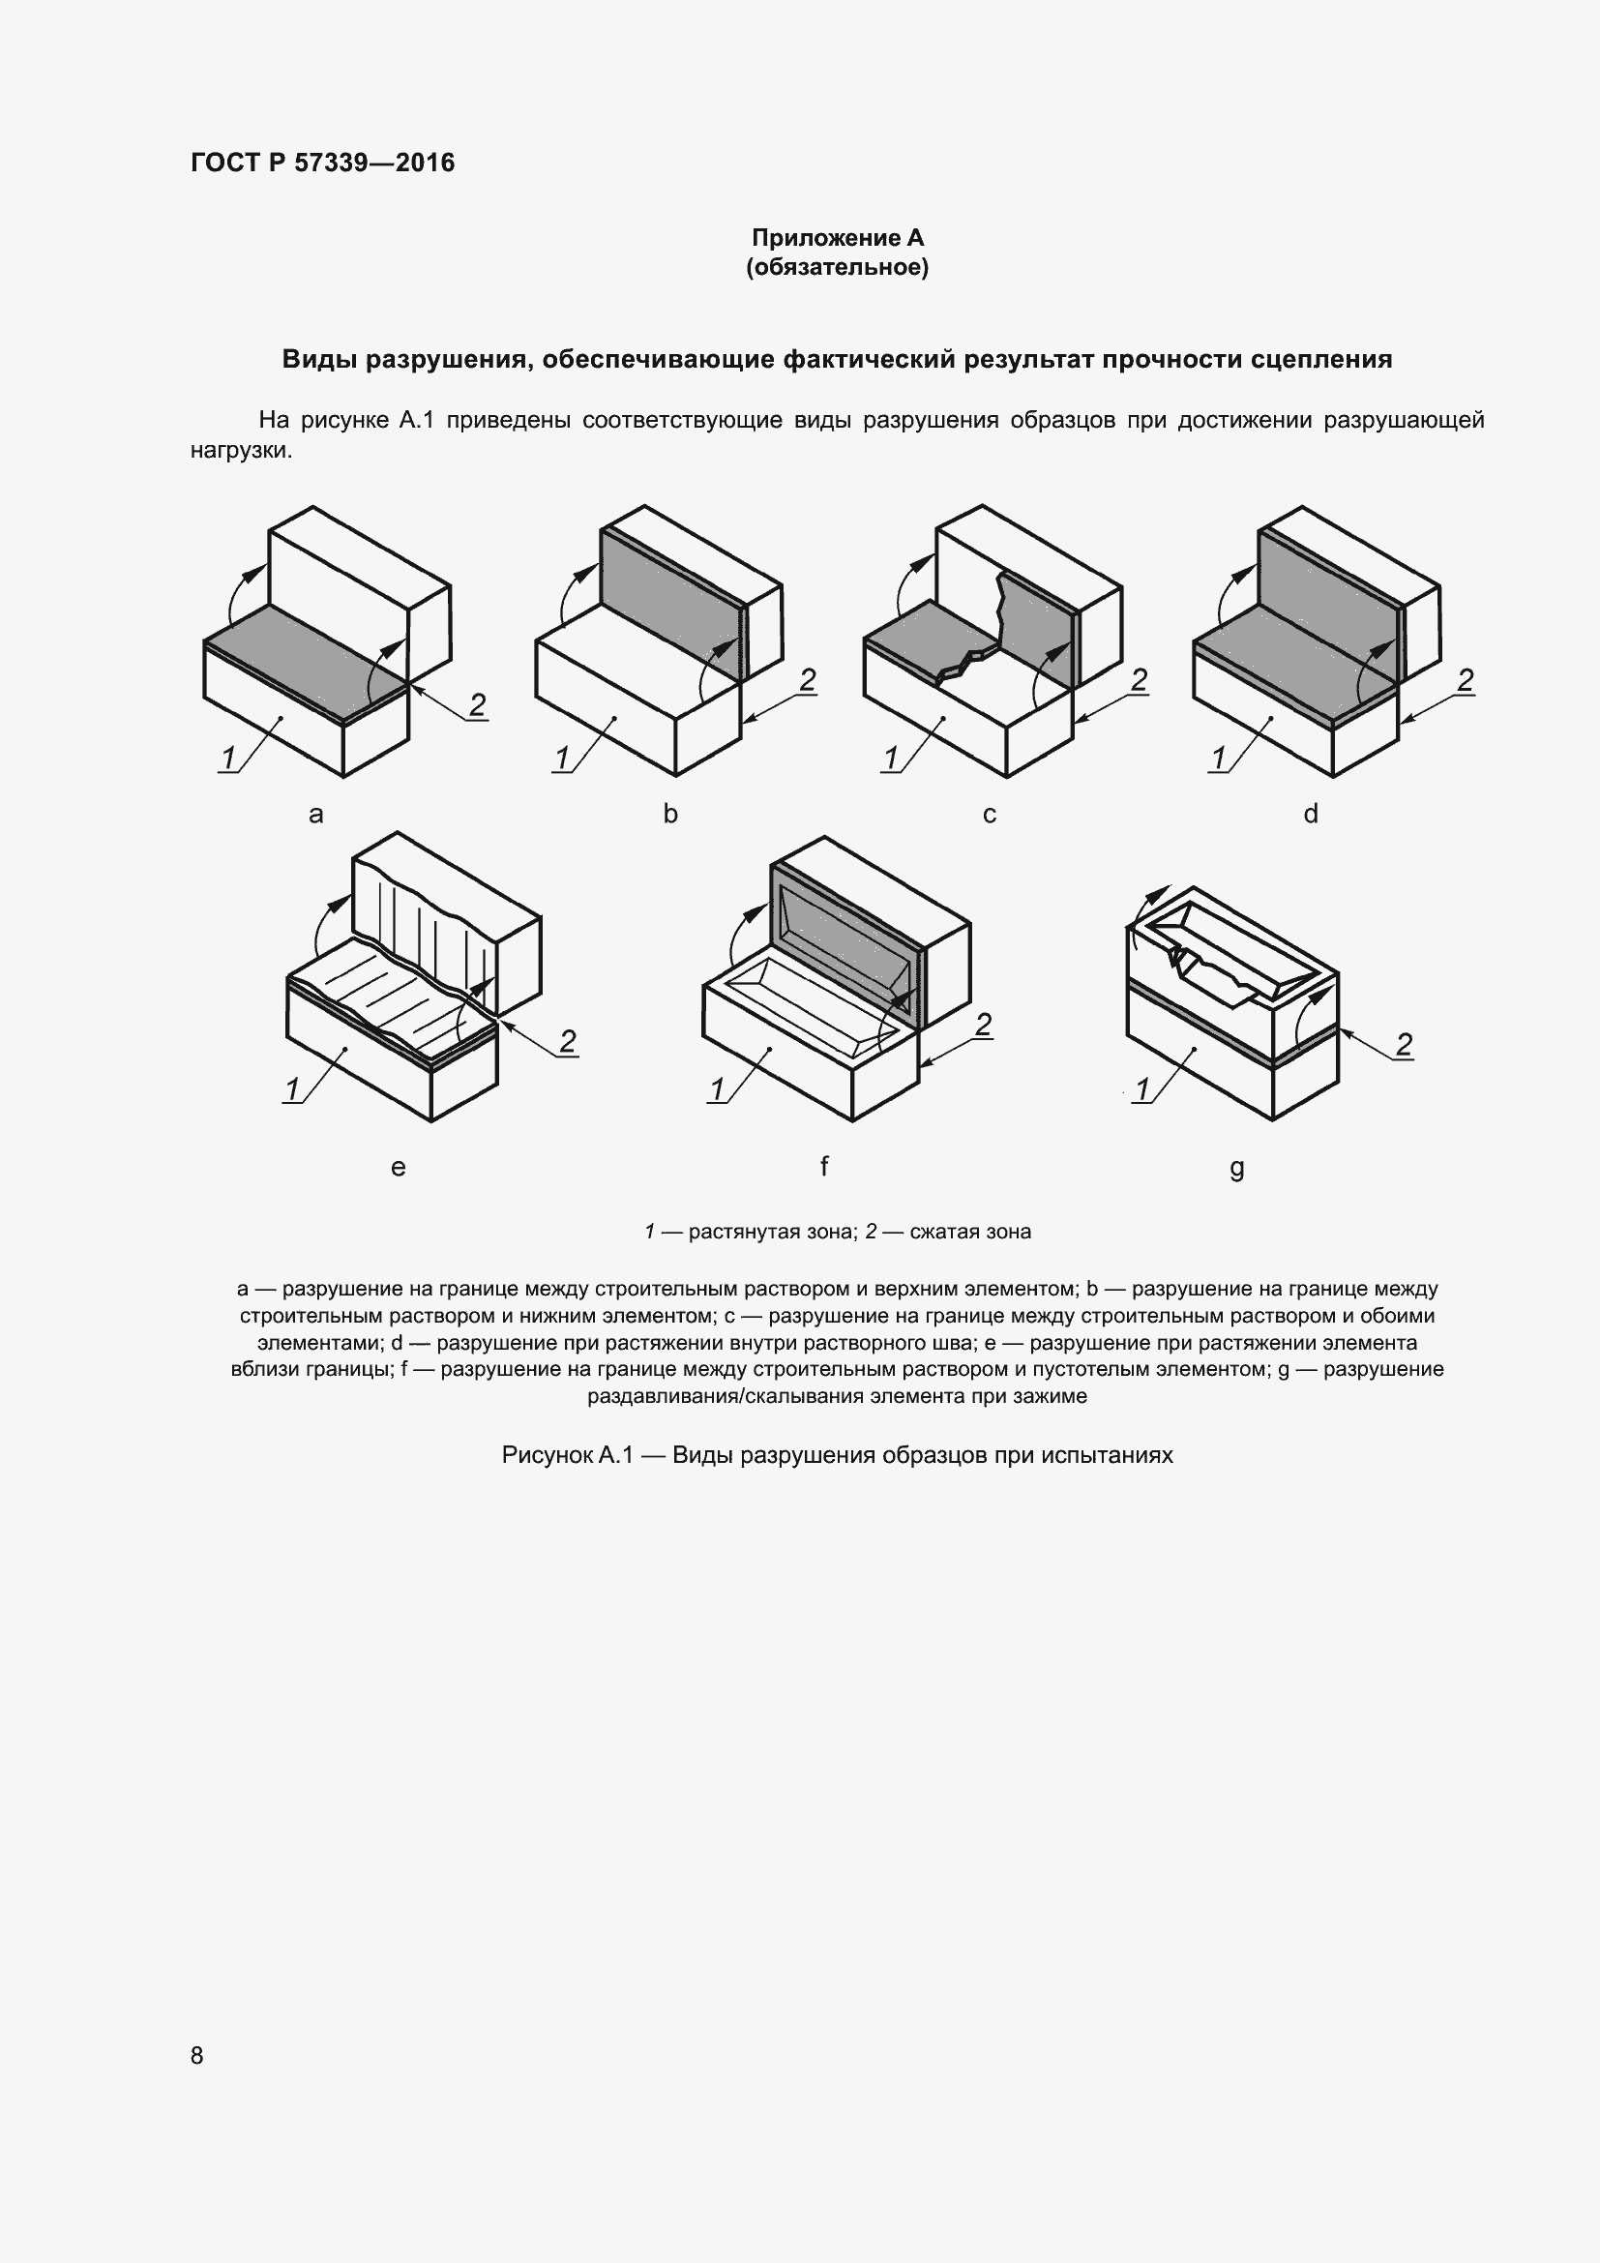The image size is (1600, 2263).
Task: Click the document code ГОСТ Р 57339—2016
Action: tap(322, 163)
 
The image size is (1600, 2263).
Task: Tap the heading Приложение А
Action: tap(838, 238)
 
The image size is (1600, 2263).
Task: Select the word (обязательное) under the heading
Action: tap(838, 267)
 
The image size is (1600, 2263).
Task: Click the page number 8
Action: tap(197, 2054)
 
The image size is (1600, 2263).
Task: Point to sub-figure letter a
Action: tap(316, 814)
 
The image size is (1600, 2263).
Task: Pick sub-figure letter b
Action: tap(670, 814)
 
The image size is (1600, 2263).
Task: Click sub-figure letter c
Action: tap(990, 814)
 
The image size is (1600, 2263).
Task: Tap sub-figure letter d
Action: tap(1311, 814)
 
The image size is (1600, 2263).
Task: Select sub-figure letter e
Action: tap(398, 1168)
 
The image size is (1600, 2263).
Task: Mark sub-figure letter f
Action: tap(823, 1166)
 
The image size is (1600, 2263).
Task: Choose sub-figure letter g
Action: tap(1237, 1168)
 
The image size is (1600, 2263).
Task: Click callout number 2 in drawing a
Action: tap(477, 704)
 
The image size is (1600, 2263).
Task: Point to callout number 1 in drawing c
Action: tap(892, 758)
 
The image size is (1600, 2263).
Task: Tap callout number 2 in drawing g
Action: tap(1404, 1044)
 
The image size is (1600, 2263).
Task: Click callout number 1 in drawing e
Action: tap(292, 1089)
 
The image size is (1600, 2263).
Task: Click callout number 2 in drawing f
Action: tap(982, 1025)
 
